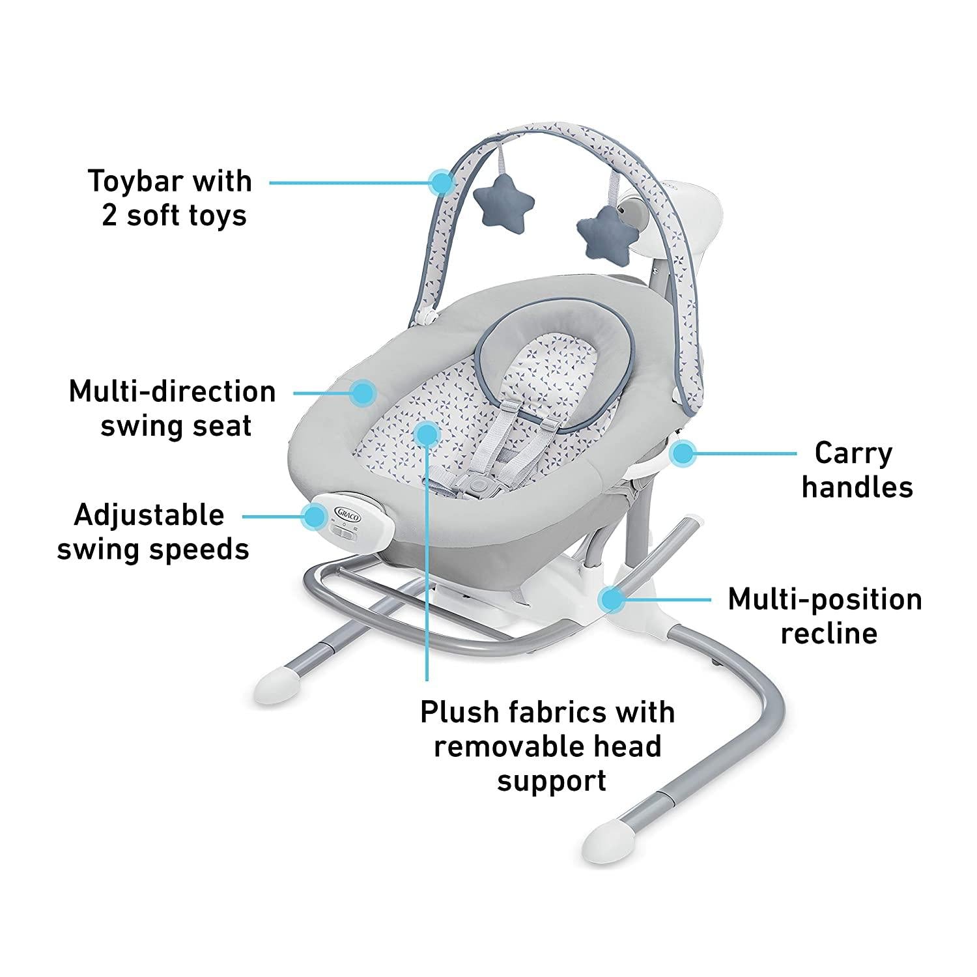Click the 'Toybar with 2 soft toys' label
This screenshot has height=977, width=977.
pyautogui.click(x=170, y=197)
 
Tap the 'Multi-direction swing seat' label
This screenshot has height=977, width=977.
pyautogui.click(x=173, y=408)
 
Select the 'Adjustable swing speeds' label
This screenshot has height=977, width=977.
pyautogui.click(x=153, y=532)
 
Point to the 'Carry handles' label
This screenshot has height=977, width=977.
pyautogui.click(x=857, y=470)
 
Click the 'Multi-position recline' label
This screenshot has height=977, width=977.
pyautogui.click(x=825, y=616)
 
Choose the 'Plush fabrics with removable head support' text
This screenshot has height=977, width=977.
pyautogui.click(x=548, y=746)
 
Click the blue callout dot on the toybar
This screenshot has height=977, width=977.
pyautogui.click(x=443, y=183)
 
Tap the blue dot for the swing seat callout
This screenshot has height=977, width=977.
pyautogui.click(x=362, y=393)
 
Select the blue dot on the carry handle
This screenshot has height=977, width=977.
pyautogui.click(x=683, y=453)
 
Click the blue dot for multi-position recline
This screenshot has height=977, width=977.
pyautogui.click(x=612, y=598)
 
